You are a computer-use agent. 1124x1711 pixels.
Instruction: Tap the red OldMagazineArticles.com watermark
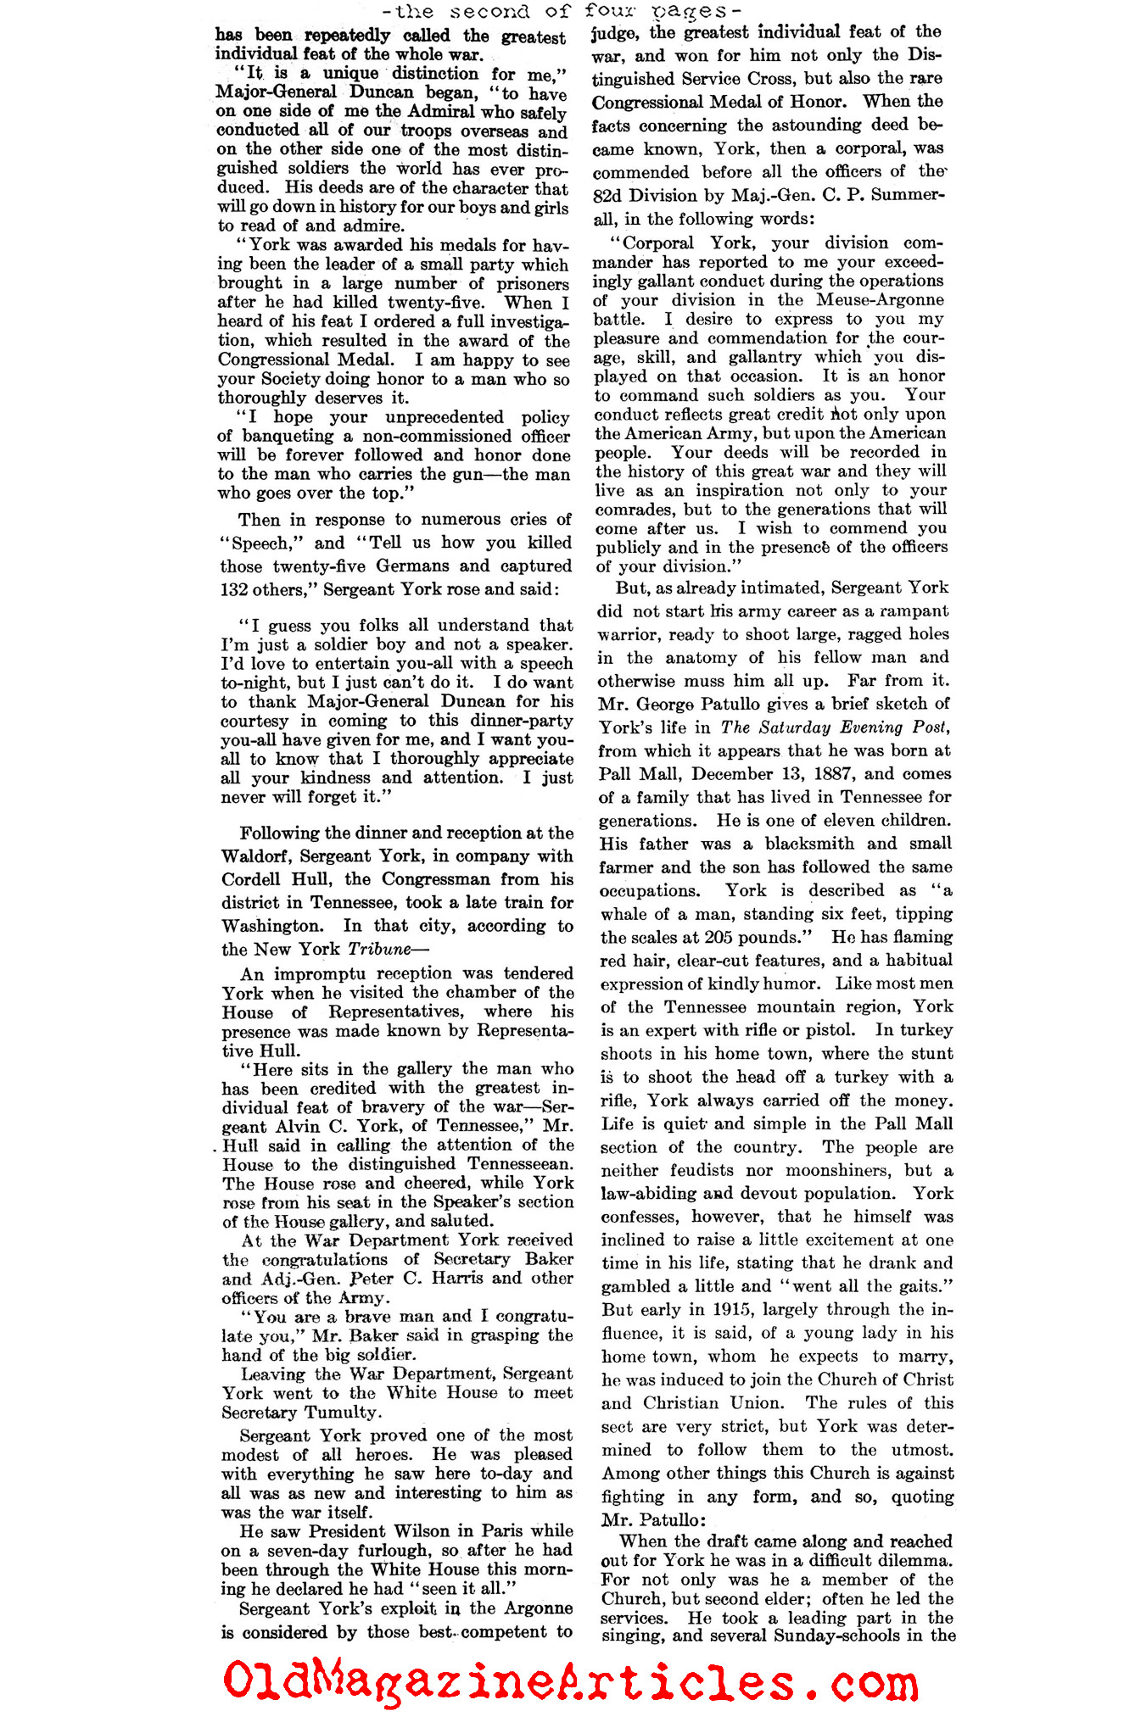(570, 1680)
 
